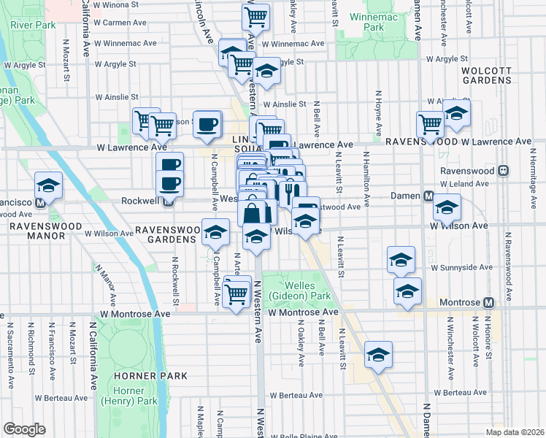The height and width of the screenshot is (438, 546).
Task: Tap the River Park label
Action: [x=33, y=25]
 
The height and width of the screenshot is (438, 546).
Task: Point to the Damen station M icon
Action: [x=430, y=196]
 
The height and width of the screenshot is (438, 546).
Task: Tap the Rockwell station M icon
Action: [x=168, y=200]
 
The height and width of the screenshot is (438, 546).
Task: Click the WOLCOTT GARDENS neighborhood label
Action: [x=490, y=77]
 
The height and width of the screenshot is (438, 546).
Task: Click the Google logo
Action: [x=24, y=429]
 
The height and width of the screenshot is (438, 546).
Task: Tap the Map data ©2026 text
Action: [x=515, y=432]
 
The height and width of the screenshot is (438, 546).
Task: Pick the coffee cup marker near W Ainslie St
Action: [x=208, y=122]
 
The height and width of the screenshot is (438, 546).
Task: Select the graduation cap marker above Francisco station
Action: [x=49, y=184]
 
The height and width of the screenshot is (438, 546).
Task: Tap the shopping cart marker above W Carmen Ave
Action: [x=256, y=15]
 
